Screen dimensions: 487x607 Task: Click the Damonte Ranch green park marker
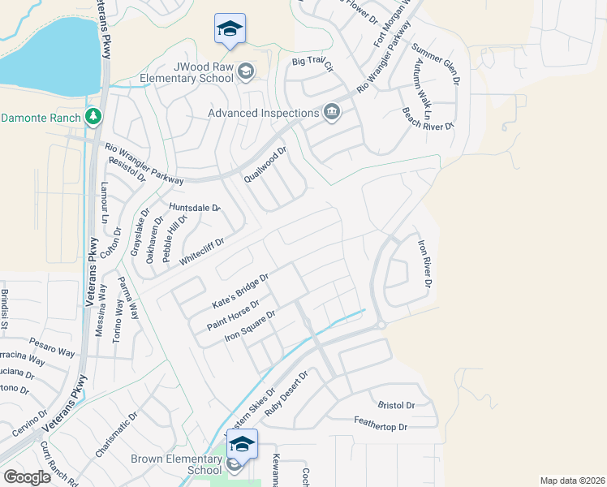click(94, 117)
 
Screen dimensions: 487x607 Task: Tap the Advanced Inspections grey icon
click(331, 112)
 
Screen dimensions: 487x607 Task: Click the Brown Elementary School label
click(176, 464)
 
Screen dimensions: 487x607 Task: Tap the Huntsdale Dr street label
click(195, 208)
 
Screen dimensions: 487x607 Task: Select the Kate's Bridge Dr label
click(239, 291)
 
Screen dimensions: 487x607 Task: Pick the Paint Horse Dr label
click(232, 316)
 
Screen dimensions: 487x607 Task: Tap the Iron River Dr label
click(423, 263)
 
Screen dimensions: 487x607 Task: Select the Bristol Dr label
click(396, 404)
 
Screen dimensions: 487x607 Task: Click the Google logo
click(28, 477)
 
